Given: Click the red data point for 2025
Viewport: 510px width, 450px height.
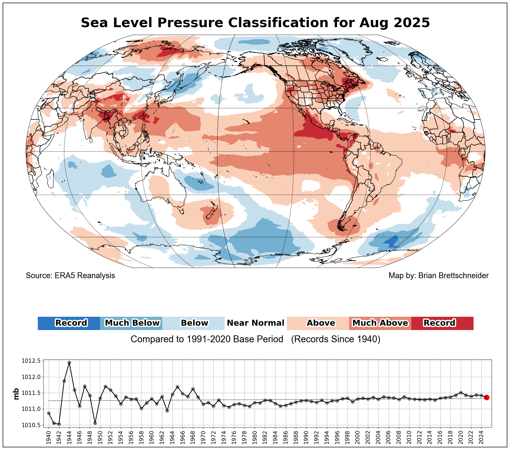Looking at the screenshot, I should click(487, 397).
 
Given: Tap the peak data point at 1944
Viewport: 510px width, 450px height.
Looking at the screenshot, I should click(69, 362).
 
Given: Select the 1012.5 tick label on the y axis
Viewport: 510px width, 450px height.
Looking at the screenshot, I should click(31, 361).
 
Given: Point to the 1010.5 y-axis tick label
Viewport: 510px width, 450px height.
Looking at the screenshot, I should click(31, 425).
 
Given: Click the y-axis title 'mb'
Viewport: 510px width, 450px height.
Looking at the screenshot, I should click(16, 394).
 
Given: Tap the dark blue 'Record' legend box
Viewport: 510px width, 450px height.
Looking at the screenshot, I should click(69, 323).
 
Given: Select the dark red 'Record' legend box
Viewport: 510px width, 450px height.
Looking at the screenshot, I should click(442, 323).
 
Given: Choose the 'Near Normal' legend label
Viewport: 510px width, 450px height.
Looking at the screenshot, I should click(255, 323).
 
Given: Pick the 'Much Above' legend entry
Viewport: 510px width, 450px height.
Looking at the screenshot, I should click(380, 323).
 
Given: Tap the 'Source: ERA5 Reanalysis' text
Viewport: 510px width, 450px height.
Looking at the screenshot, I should click(70, 276).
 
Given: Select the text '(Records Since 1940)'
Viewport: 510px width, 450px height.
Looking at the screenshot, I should click(335, 339).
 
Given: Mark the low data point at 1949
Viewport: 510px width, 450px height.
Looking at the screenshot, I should click(95, 423).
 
